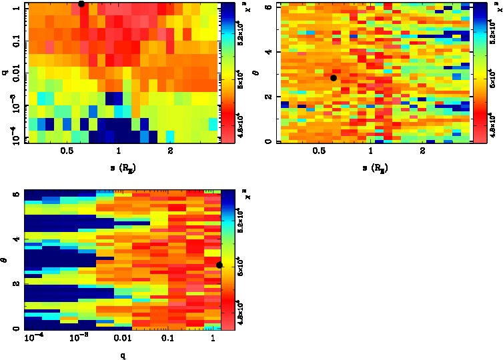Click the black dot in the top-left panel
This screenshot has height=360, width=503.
[x=81, y=4]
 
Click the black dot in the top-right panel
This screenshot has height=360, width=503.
[x=334, y=78]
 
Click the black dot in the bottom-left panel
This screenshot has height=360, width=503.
[x=219, y=265]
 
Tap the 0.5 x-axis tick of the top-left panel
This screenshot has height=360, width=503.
[x=67, y=152]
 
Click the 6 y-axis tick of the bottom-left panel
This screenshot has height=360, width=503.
[x=16, y=194]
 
